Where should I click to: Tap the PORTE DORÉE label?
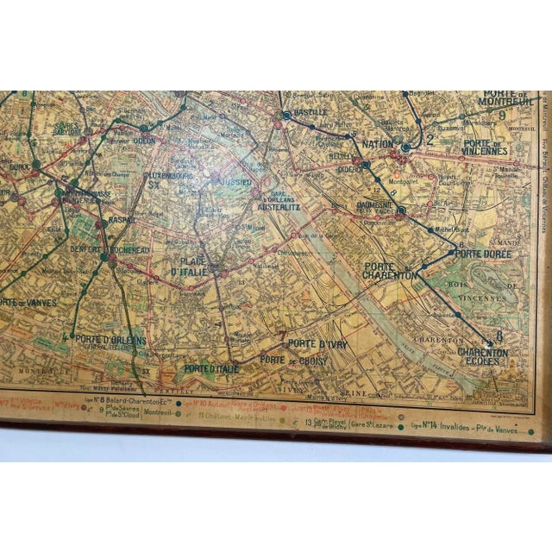coord(481,254)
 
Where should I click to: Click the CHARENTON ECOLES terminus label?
coord(484,356)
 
